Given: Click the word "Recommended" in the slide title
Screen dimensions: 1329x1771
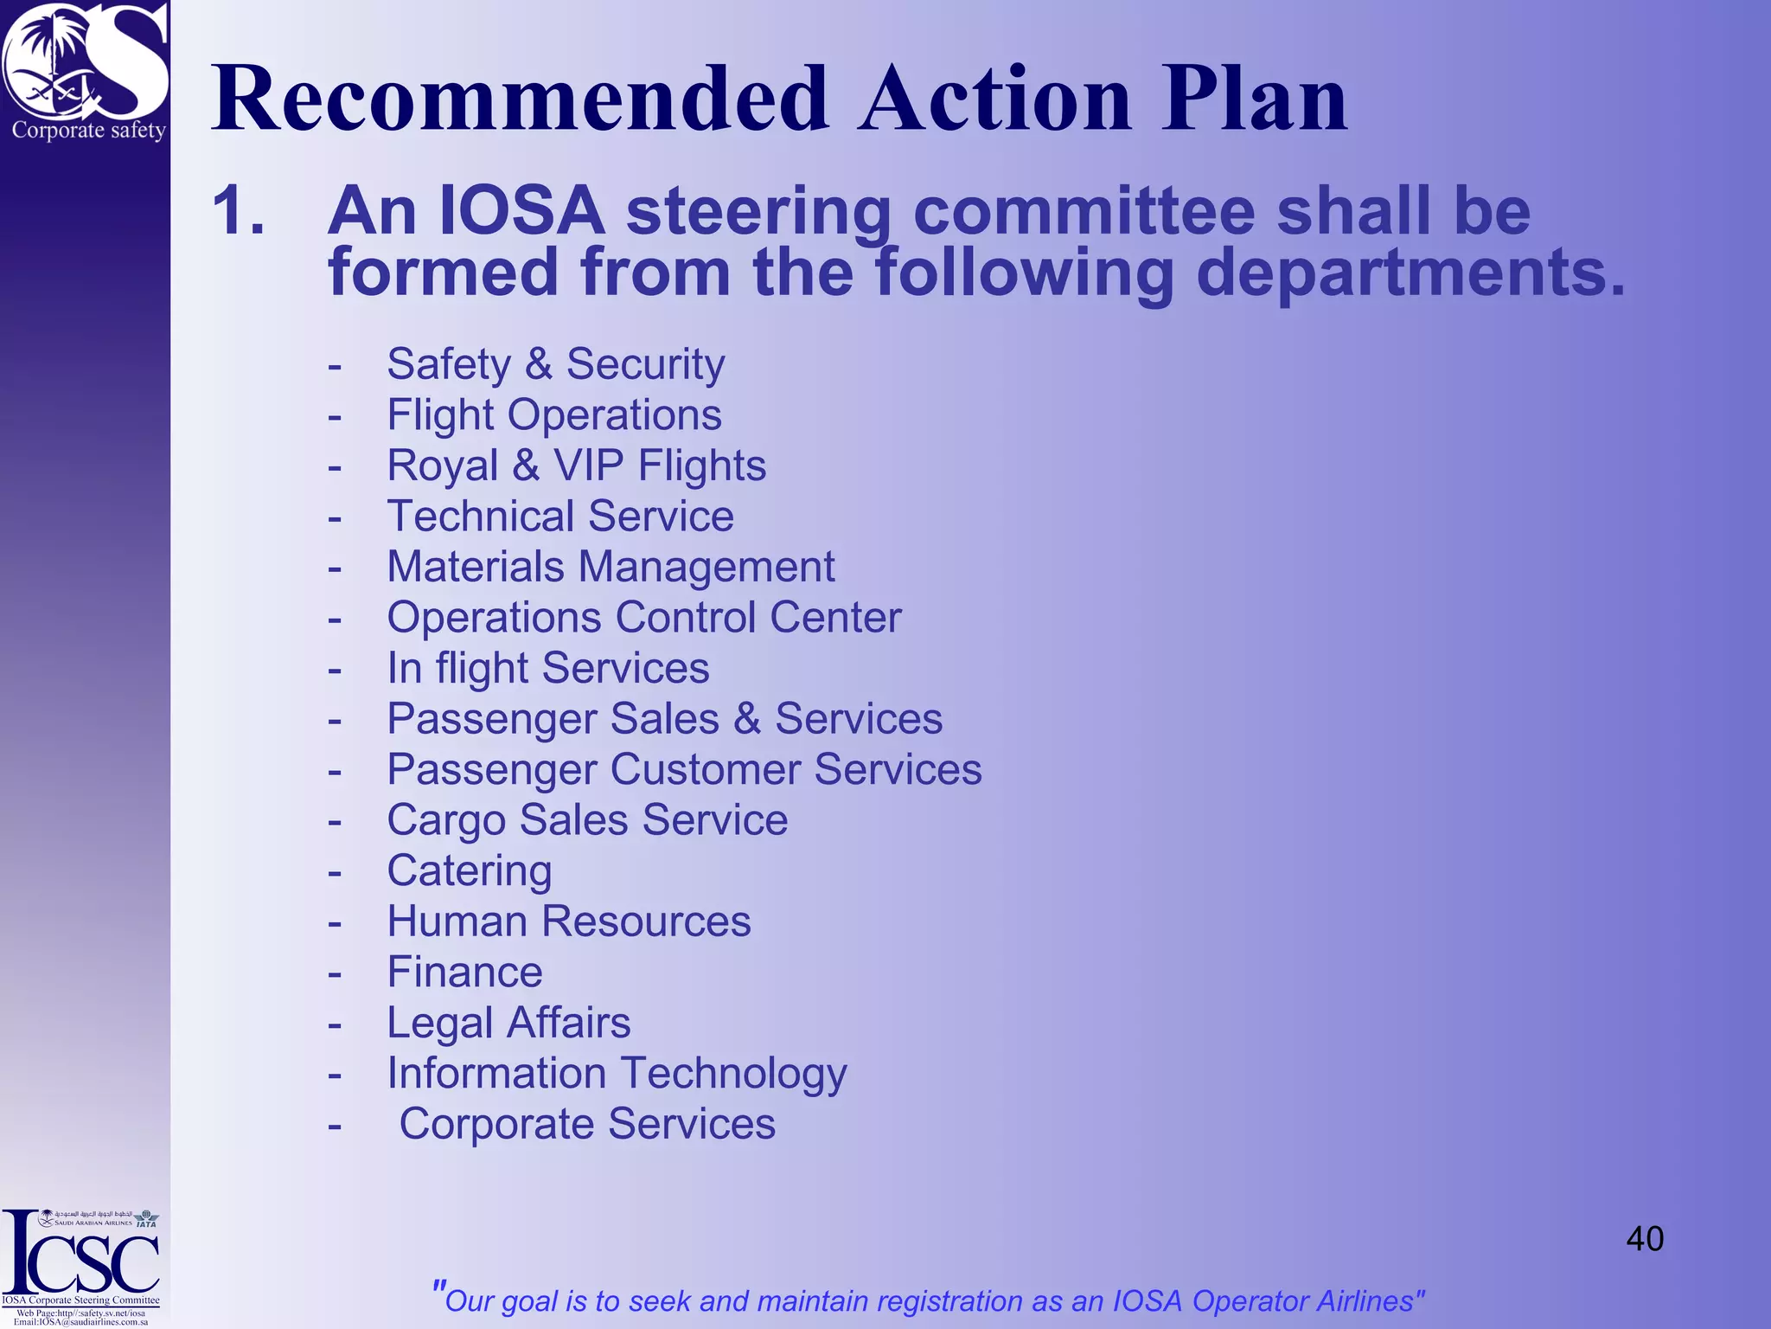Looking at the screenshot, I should (x=520, y=100).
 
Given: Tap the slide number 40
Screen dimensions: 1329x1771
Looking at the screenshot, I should (x=1644, y=1239).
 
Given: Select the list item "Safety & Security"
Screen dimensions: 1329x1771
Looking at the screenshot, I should (x=555, y=364).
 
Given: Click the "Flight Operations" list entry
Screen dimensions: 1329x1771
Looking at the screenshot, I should (x=553, y=415).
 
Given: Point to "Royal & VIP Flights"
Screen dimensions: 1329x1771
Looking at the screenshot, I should (x=576, y=465).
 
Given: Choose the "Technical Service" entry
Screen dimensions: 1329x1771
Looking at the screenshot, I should (x=560, y=517).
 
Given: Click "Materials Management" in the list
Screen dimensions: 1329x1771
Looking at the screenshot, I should (x=611, y=567).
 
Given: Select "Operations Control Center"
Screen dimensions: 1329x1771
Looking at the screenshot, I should (x=643, y=618).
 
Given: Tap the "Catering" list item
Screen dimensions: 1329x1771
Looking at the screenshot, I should (x=469, y=871).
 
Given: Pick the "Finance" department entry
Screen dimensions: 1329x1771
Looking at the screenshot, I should (x=464, y=973).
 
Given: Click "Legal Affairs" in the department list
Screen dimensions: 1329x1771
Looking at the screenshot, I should (x=508, y=1023).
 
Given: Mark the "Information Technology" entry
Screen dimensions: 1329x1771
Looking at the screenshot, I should (x=617, y=1074).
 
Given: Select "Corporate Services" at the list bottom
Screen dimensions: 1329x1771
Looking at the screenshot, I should (x=587, y=1124).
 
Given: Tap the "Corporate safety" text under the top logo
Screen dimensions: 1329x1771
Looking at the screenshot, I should (x=88, y=131).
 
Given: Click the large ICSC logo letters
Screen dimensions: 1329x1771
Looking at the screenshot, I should (x=82, y=1262).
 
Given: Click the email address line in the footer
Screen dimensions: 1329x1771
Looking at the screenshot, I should (x=80, y=1322).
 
